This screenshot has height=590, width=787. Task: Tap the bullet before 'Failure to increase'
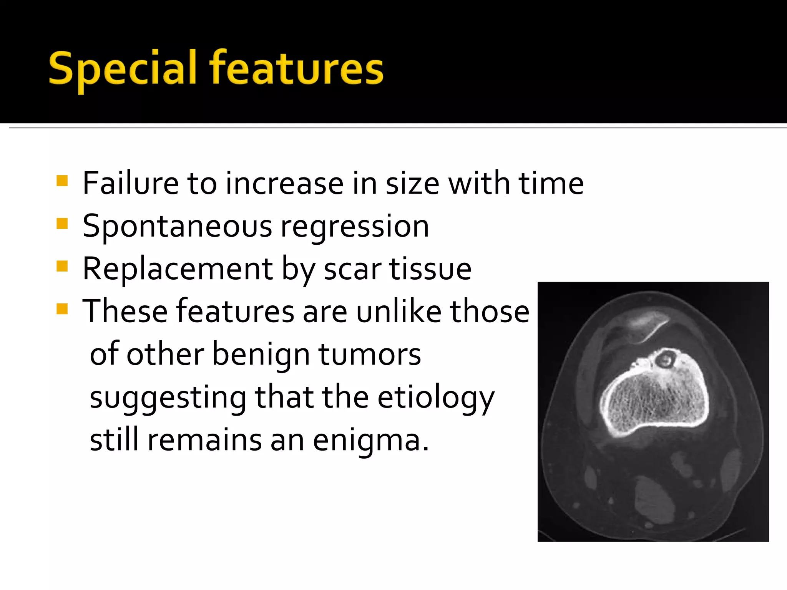[x=62, y=181]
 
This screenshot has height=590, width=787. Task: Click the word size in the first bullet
[x=412, y=184]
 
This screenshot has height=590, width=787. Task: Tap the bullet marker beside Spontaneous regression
[x=62, y=224]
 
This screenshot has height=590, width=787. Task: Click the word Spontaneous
[x=177, y=227]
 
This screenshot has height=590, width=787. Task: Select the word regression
[x=354, y=227]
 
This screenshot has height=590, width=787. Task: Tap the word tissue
[x=430, y=269]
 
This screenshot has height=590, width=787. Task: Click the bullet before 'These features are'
[x=62, y=309]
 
